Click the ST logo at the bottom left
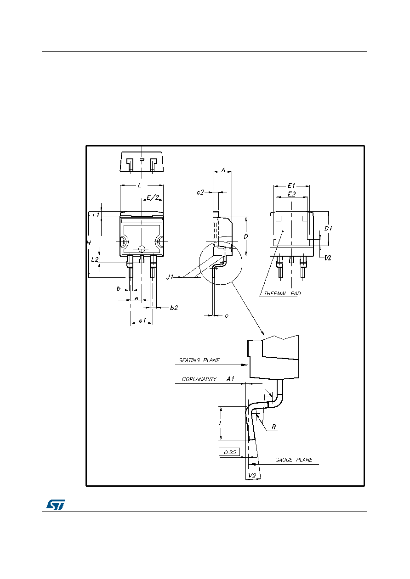[56, 505]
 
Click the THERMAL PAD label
[282, 294]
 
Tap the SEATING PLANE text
[199, 360]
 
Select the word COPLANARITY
[199, 379]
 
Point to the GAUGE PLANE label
[294, 460]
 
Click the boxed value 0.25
[230, 452]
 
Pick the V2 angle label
[252, 476]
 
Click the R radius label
[274, 427]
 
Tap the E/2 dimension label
[153, 197]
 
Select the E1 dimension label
[291, 186]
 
